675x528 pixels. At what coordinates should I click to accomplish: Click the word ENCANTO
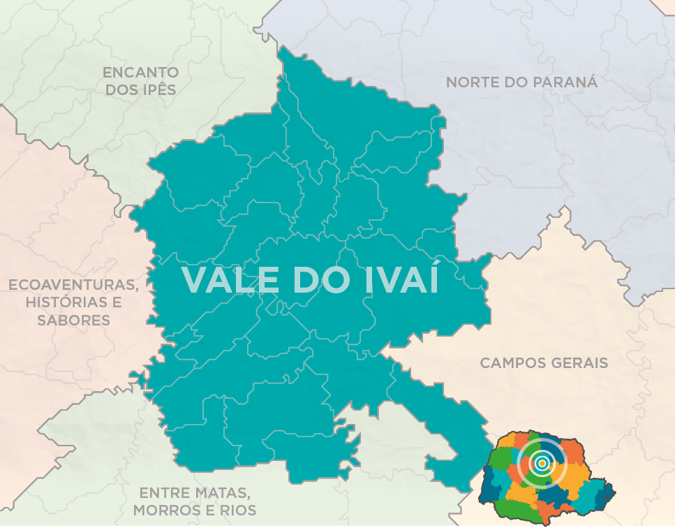140,72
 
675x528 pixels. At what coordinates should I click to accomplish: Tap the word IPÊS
156,89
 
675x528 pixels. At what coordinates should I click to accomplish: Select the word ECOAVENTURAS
73,285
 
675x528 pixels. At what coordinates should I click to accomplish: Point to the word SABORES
73,321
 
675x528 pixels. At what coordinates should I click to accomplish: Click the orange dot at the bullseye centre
542,462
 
